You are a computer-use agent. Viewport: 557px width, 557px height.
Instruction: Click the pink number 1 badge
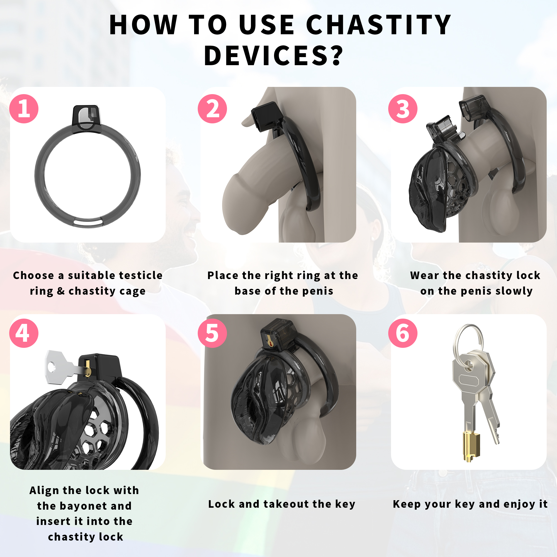coord(24,109)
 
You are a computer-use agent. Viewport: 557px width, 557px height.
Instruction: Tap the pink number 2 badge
coord(212,109)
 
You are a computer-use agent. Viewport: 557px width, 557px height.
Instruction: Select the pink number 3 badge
coord(403,109)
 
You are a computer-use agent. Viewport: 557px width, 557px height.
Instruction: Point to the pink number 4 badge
coord(24,333)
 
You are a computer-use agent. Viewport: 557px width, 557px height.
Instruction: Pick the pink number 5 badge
coord(212,333)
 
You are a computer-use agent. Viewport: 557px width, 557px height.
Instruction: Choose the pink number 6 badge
coord(403,333)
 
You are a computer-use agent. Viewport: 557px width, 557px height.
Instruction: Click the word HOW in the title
coord(143,25)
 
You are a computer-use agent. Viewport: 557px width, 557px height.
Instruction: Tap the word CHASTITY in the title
coord(378,25)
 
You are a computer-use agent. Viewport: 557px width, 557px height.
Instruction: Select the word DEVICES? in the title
coord(273,56)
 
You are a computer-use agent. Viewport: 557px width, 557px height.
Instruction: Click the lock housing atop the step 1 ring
coord(86,119)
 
